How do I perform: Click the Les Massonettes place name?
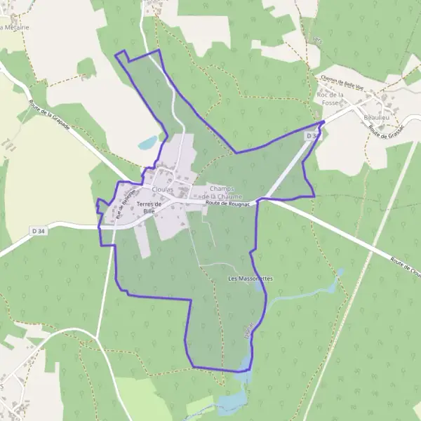pos(250,279)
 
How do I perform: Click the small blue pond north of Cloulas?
pos(147,143)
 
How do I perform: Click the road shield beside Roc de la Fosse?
pos(312,135)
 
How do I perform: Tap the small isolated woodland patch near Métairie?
pos(86,67)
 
